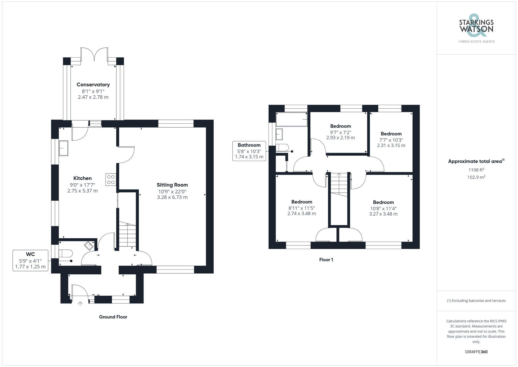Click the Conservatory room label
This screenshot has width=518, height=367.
click(x=93, y=85)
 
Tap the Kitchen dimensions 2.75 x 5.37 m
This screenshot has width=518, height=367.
click(x=82, y=191)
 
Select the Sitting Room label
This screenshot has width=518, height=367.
click(x=172, y=185)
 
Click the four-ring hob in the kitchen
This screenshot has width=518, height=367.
click(x=111, y=179)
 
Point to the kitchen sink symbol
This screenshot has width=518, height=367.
click(x=63, y=148)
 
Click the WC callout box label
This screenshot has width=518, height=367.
click(x=30, y=254)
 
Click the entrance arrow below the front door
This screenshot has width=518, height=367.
click(x=80, y=303)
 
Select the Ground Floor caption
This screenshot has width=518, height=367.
click(x=113, y=317)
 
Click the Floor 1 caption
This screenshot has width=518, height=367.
click(x=326, y=260)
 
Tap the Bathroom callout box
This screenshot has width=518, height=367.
click(x=249, y=151)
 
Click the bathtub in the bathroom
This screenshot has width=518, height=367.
click(x=292, y=120)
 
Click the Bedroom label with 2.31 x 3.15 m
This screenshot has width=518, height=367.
click(x=391, y=146)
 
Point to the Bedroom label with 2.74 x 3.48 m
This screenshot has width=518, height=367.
click(x=301, y=214)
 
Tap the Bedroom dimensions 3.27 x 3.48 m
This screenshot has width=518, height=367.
click(x=383, y=214)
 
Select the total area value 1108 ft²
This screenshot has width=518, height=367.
click(x=476, y=170)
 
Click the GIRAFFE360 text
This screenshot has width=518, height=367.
click(x=476, y=352)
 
